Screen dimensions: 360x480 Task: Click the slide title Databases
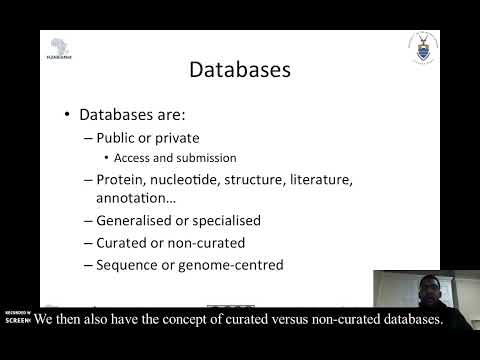[x=240, y=70]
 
